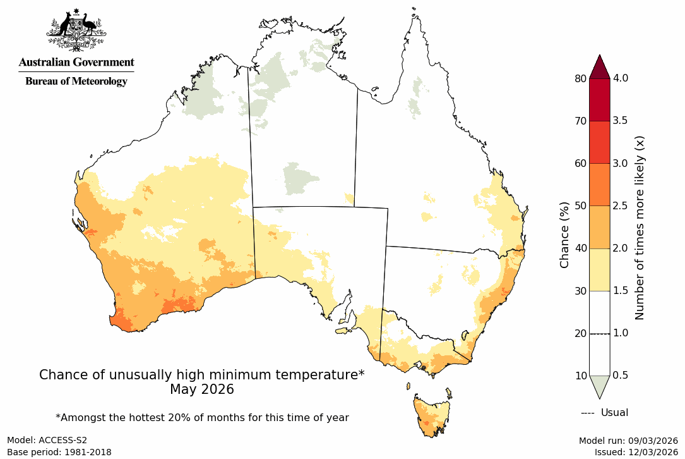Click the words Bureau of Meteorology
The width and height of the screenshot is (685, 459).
76,81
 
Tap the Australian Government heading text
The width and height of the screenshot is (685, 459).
76,62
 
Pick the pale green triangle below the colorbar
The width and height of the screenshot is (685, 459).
599,384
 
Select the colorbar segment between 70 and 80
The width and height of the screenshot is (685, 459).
599,100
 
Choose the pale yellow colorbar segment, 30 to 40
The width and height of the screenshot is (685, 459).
599,269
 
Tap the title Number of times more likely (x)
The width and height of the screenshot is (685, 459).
639,227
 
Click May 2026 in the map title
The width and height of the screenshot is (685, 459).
201,390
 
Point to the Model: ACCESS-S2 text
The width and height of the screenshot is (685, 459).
47,441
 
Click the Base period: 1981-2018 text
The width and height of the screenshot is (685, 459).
59,452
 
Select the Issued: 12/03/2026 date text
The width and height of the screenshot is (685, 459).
636,452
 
